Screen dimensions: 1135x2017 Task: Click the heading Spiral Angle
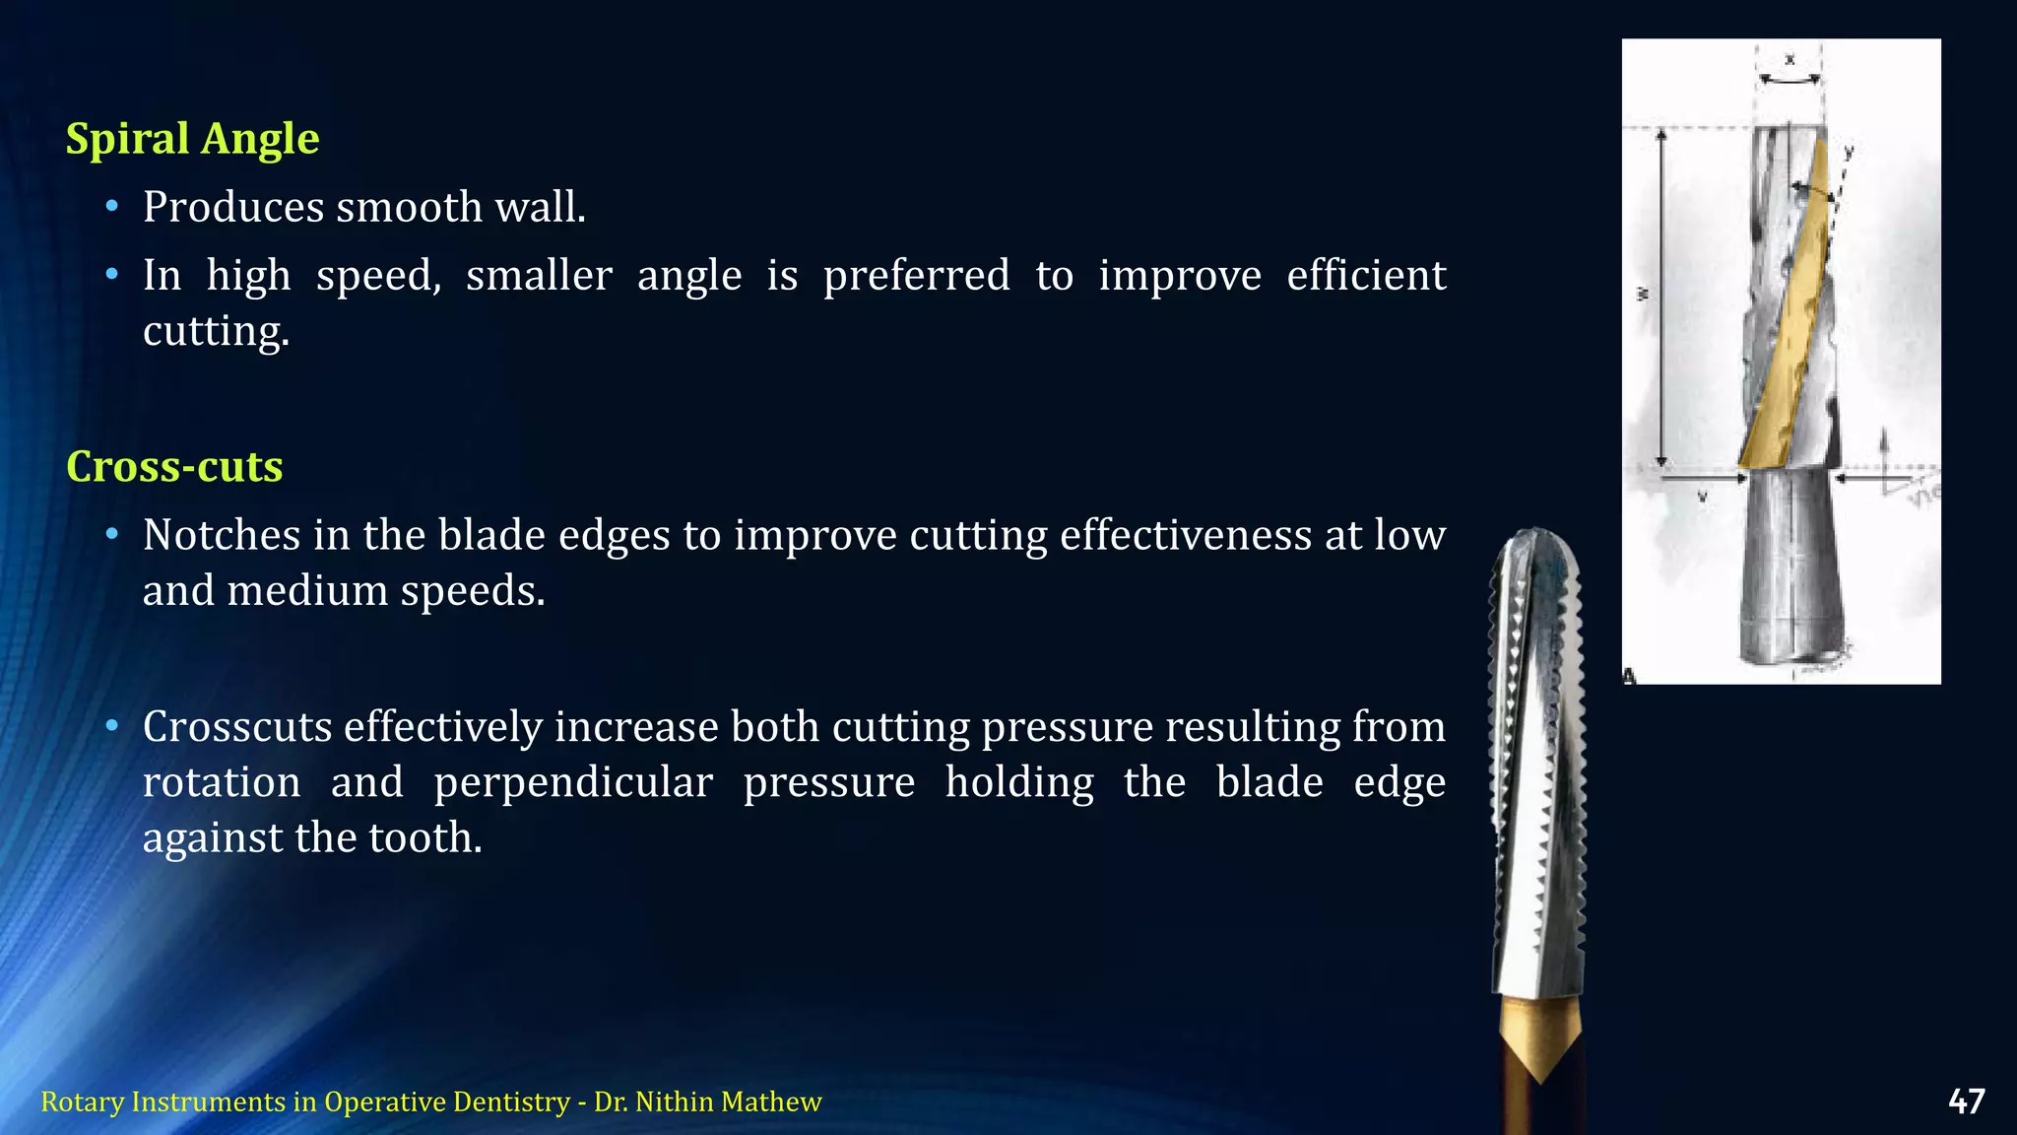click(192, 139)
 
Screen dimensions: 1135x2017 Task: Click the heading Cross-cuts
click(174, 467)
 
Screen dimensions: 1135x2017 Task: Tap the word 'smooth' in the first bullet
click(408, 207)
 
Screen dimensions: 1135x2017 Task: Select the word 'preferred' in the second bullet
click(916, 276)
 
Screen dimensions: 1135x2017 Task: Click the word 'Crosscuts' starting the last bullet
click(237, 727)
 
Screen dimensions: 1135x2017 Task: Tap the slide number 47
click(1966, 1102)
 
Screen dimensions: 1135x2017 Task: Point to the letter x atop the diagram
click(1789, 60)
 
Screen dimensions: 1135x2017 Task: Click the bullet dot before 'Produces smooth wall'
click(112, 207)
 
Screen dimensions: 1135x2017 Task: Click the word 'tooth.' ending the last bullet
click(424, 837)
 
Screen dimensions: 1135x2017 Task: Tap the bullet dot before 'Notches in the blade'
click(112, 535)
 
